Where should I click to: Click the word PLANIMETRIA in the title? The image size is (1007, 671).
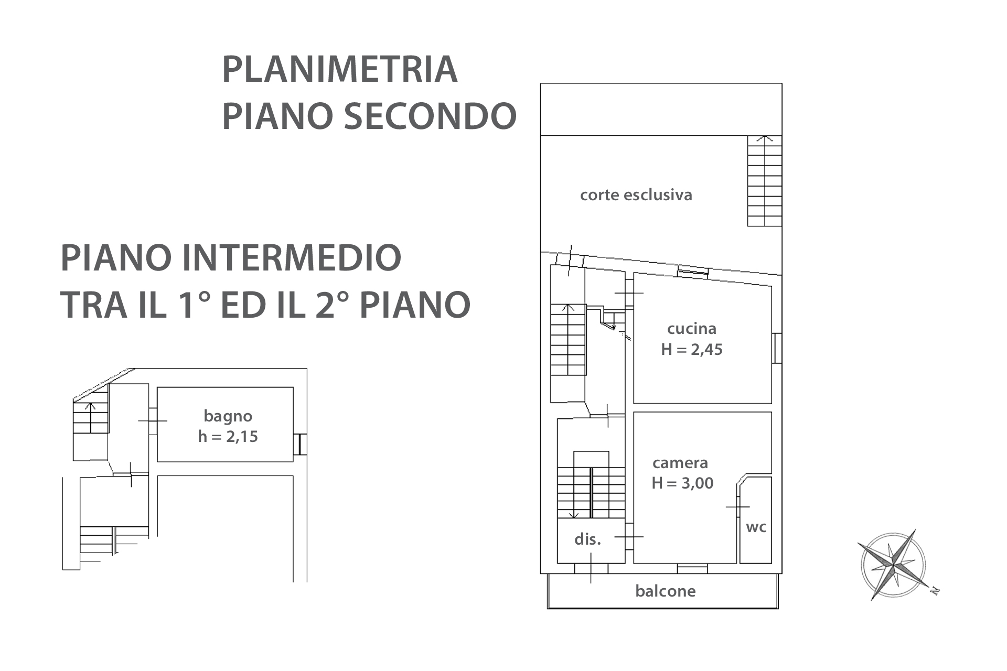point(340,69)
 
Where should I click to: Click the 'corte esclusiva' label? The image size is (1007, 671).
point(636,195)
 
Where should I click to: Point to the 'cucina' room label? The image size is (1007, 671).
point(691,329)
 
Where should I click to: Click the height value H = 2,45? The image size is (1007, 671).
point(691,349)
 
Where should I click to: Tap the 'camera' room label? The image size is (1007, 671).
point(680,463)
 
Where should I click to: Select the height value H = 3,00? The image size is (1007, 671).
point(682,483)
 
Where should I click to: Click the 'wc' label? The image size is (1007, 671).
point(756,527)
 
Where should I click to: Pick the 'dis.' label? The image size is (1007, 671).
point(587,539)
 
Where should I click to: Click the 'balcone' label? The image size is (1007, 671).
point(665,591)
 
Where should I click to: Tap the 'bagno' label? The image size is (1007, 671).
point(228,417)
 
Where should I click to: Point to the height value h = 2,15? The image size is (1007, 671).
point(228,437)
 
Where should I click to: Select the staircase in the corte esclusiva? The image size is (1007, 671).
point(765,181)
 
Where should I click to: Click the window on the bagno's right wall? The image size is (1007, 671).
point(300,444)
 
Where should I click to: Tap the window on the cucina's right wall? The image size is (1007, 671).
point(777,348)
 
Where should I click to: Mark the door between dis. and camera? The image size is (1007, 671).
point(629,537)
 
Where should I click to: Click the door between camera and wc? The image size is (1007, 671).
point(737,507)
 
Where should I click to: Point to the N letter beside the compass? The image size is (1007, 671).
point(935,591)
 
